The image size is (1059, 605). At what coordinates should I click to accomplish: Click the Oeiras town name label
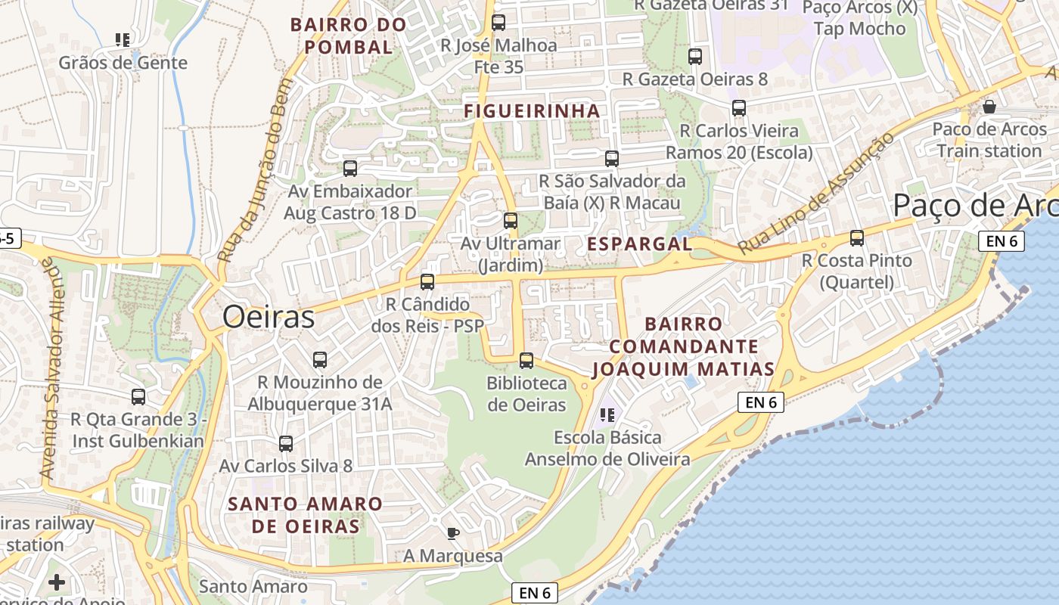(x=268, y=317)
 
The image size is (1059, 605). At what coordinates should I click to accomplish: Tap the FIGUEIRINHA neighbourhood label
(x=532, y=111)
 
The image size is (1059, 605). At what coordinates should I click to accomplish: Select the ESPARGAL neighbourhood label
(x=639, y=244)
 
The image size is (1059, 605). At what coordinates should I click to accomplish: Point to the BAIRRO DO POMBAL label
(x=348, y=36)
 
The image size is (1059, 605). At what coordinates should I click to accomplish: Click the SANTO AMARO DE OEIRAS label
(x=306, y=514)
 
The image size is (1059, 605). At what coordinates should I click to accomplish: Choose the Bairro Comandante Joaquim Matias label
(x=683, y=346)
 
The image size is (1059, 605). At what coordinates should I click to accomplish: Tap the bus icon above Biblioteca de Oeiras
(x=526, y=361)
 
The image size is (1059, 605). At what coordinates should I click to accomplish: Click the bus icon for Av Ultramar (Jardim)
(x=511, y=221)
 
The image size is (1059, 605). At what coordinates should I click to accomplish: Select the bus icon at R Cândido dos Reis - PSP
(x=427, y=282)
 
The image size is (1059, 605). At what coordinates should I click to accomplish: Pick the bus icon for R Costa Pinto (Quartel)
(x=857, y=238)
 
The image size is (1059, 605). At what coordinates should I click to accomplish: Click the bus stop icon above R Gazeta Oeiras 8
(x=695, y=57)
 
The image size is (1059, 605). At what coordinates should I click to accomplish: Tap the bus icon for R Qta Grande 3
(x=138, y=397)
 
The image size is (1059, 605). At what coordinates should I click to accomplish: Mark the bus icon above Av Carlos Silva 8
(x=286, y=444)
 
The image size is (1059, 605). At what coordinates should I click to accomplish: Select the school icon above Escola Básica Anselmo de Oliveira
(x=607, y=415)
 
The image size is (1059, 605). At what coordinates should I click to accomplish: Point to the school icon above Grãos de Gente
(x=123, y=39)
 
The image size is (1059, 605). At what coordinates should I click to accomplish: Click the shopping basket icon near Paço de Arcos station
(x=989, y=107)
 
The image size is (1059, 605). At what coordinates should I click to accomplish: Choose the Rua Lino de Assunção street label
(x=815, y=193)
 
